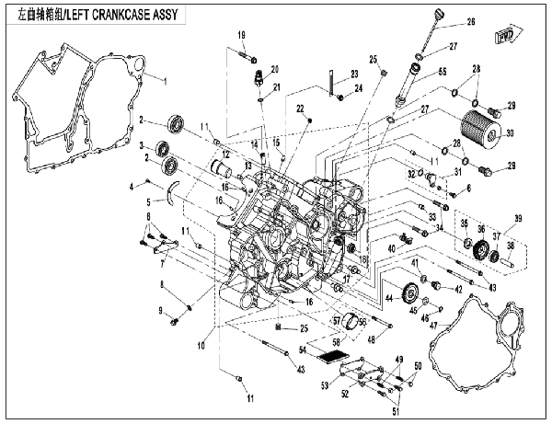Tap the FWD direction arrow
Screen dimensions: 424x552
[x=504, y=37]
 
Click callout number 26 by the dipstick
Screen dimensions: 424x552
[x=470, y=22]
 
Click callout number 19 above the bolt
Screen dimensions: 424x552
[x=242, y=36]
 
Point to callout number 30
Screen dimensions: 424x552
[x=511, y=133]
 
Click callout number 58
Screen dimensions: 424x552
[x=336, y=341]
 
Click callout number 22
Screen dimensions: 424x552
[x=300, y=109]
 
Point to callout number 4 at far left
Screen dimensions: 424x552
[x=132, y=187]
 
